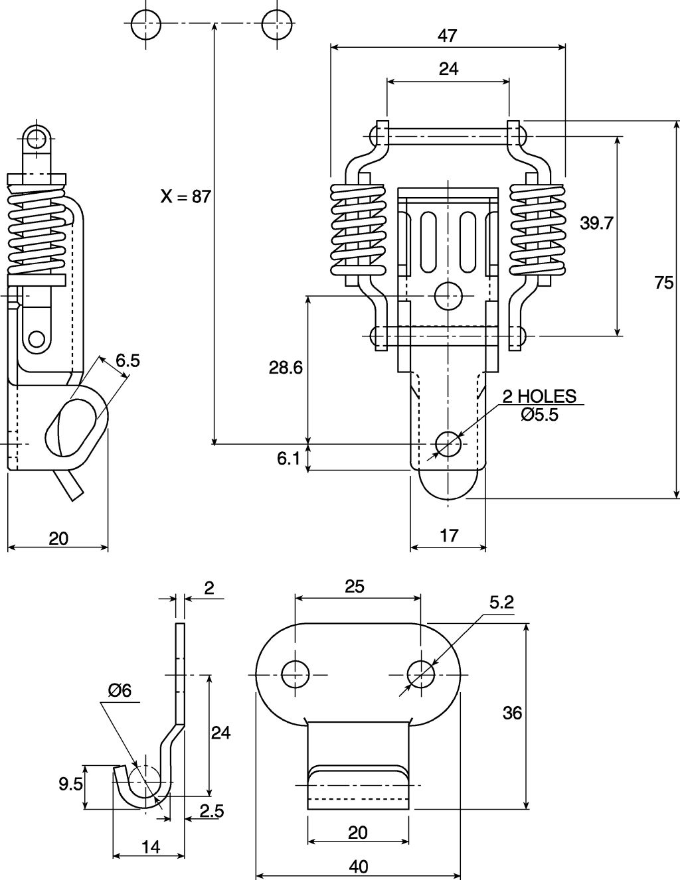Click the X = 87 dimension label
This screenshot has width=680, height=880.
click(186, 196)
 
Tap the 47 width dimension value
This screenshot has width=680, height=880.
click(448, 36)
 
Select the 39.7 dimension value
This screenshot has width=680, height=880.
click(596, 223)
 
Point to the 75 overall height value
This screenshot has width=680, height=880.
click(664, 283)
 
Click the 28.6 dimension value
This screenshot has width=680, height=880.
click(286, 368)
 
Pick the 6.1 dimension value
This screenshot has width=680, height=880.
click(288, 459)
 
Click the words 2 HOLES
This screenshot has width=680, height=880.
click(539, 396)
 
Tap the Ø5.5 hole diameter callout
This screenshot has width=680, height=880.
click(539, 415)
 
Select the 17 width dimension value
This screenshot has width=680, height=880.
click(449, 536)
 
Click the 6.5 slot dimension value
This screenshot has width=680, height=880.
click(127, 360)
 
